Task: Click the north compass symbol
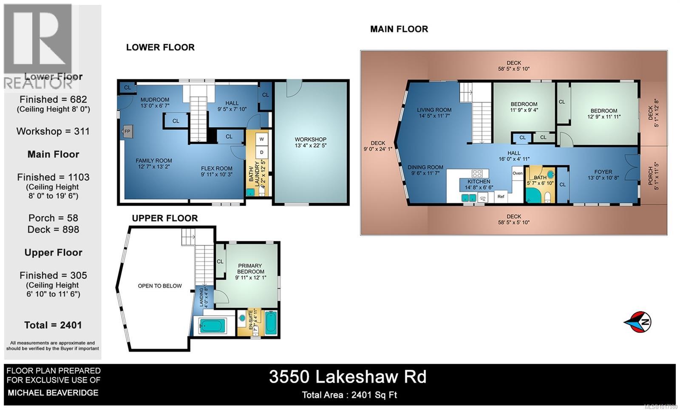[639, 322]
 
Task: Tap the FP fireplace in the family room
[127, 132]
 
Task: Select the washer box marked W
[262, 139]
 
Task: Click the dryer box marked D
[262, 152]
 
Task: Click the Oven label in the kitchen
[517, 173]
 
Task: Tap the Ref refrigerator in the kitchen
[501, 196]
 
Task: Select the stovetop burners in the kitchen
[477, 173]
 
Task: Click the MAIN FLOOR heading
[399, 29]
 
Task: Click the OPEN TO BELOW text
[160, 286]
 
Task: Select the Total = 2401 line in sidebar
[53, 325]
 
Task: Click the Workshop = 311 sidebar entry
[53, 131]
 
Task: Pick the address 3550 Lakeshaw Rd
[348, 377]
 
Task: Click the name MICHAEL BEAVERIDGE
[53, 393]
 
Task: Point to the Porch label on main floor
[651, 175]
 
